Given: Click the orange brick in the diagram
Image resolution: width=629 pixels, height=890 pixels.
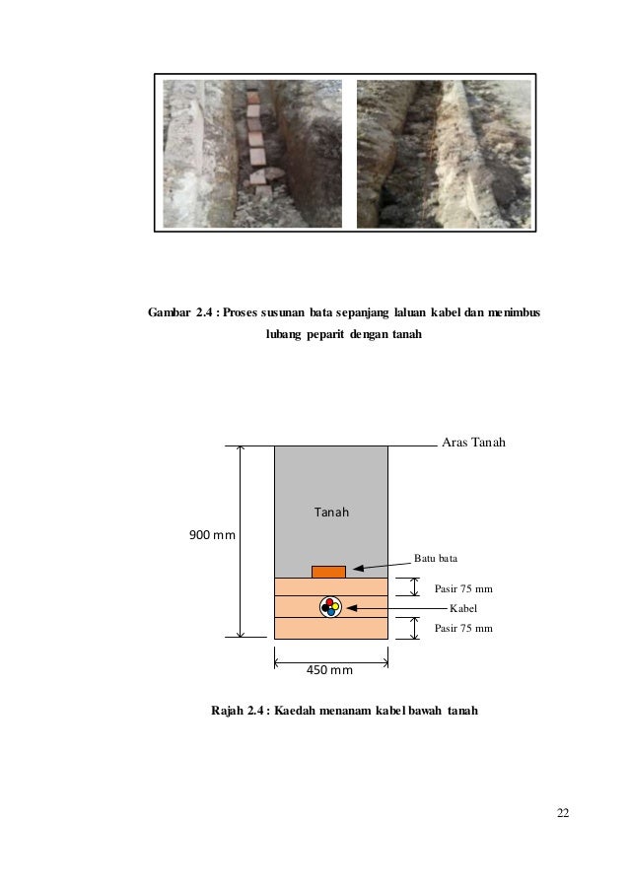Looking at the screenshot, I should (328, 572).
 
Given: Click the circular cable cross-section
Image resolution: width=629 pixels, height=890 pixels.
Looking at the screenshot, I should (330, 607).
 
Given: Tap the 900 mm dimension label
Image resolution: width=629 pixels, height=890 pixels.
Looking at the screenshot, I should (212, 535).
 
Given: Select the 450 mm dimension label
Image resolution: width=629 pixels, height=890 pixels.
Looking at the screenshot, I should (331, 672).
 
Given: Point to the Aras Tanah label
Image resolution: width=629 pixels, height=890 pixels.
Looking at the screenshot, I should (470, 444).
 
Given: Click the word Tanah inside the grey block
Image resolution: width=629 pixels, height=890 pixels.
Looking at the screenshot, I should (332, 513).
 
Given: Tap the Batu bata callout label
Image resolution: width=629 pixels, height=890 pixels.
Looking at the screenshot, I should (435, 559).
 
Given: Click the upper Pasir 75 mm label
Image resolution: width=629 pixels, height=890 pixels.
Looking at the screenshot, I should (462, 589).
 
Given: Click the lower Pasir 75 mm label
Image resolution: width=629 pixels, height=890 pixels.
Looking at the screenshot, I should (462, 627).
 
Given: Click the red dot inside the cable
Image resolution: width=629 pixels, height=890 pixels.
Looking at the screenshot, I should (328, 602).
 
